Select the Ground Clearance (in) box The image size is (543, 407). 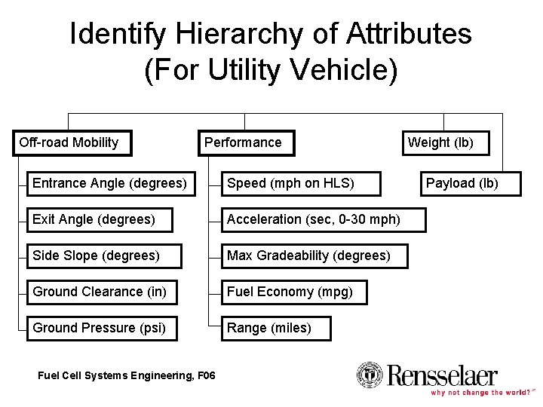[x=102, y=292]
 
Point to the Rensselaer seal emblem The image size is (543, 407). [x=370, y=375]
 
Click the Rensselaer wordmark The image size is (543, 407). [x=443, y=375]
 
